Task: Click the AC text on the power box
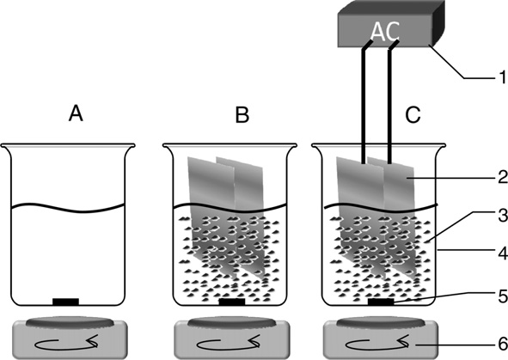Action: pyautogui.click(x=385, y=32)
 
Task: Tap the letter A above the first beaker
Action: pyautogui.click(x=76, y=114)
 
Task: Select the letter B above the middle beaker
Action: pyautogui.click(x=242, y=114)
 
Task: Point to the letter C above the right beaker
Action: pyautogui.click(x=413, y=114)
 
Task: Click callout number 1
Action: pyautogui.click(x=502, y=77)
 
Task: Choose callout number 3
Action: pyautogui.click(x=503, y=216)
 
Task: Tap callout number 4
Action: pyautogui.click(x=503, y=253)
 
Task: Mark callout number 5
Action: pyautogui.click(x=503, y=296)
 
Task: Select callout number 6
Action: pyautogui.click(x=503, y=345)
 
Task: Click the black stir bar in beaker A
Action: pyautogui.click(x=66, y=302)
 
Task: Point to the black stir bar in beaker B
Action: pyautogui.click(x=232, y=302)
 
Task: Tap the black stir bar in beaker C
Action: pyautogui.click(x=381, y=302)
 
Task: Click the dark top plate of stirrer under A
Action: pyautogui.click(x=70, y=322)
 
